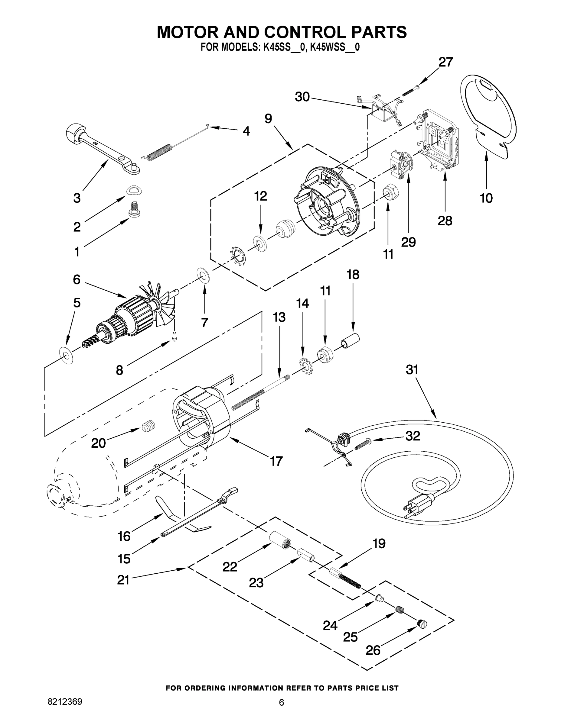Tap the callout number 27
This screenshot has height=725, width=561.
[x=446, y=62]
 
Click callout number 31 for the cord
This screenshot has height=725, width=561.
[x=412, y=369]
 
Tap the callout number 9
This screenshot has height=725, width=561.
[x=268, y=118]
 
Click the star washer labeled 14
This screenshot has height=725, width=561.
[x=305, y=366]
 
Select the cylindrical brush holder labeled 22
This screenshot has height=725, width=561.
[x=279, y=539]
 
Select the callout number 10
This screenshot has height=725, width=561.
[x=486, y=198]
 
